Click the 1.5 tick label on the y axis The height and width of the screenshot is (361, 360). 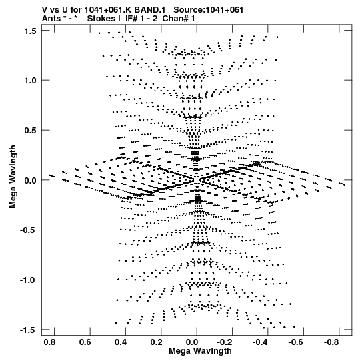tap(30, 31)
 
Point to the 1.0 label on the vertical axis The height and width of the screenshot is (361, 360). tap(30, 81)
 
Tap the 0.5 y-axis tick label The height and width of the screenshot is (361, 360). tap(30, 131)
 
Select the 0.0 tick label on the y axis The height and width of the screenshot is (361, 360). tap(30, 180)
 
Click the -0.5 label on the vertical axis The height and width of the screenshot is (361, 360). tap(28, 230)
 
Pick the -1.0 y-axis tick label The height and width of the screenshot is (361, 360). tap(28, 280)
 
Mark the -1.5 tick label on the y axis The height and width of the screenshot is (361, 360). tap(28, 330)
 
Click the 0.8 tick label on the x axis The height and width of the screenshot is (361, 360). tap(49, 342)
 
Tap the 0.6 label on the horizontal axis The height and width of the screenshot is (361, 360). tap(85, 342)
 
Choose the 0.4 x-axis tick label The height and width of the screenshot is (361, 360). tap(121, 342)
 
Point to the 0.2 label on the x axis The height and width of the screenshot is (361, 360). tap(156, 342)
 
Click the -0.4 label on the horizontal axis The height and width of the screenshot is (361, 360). tap(261, 342)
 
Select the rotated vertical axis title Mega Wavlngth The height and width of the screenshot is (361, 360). tap(13, 177)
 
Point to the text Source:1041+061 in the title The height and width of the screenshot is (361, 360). tap(208, 10)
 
